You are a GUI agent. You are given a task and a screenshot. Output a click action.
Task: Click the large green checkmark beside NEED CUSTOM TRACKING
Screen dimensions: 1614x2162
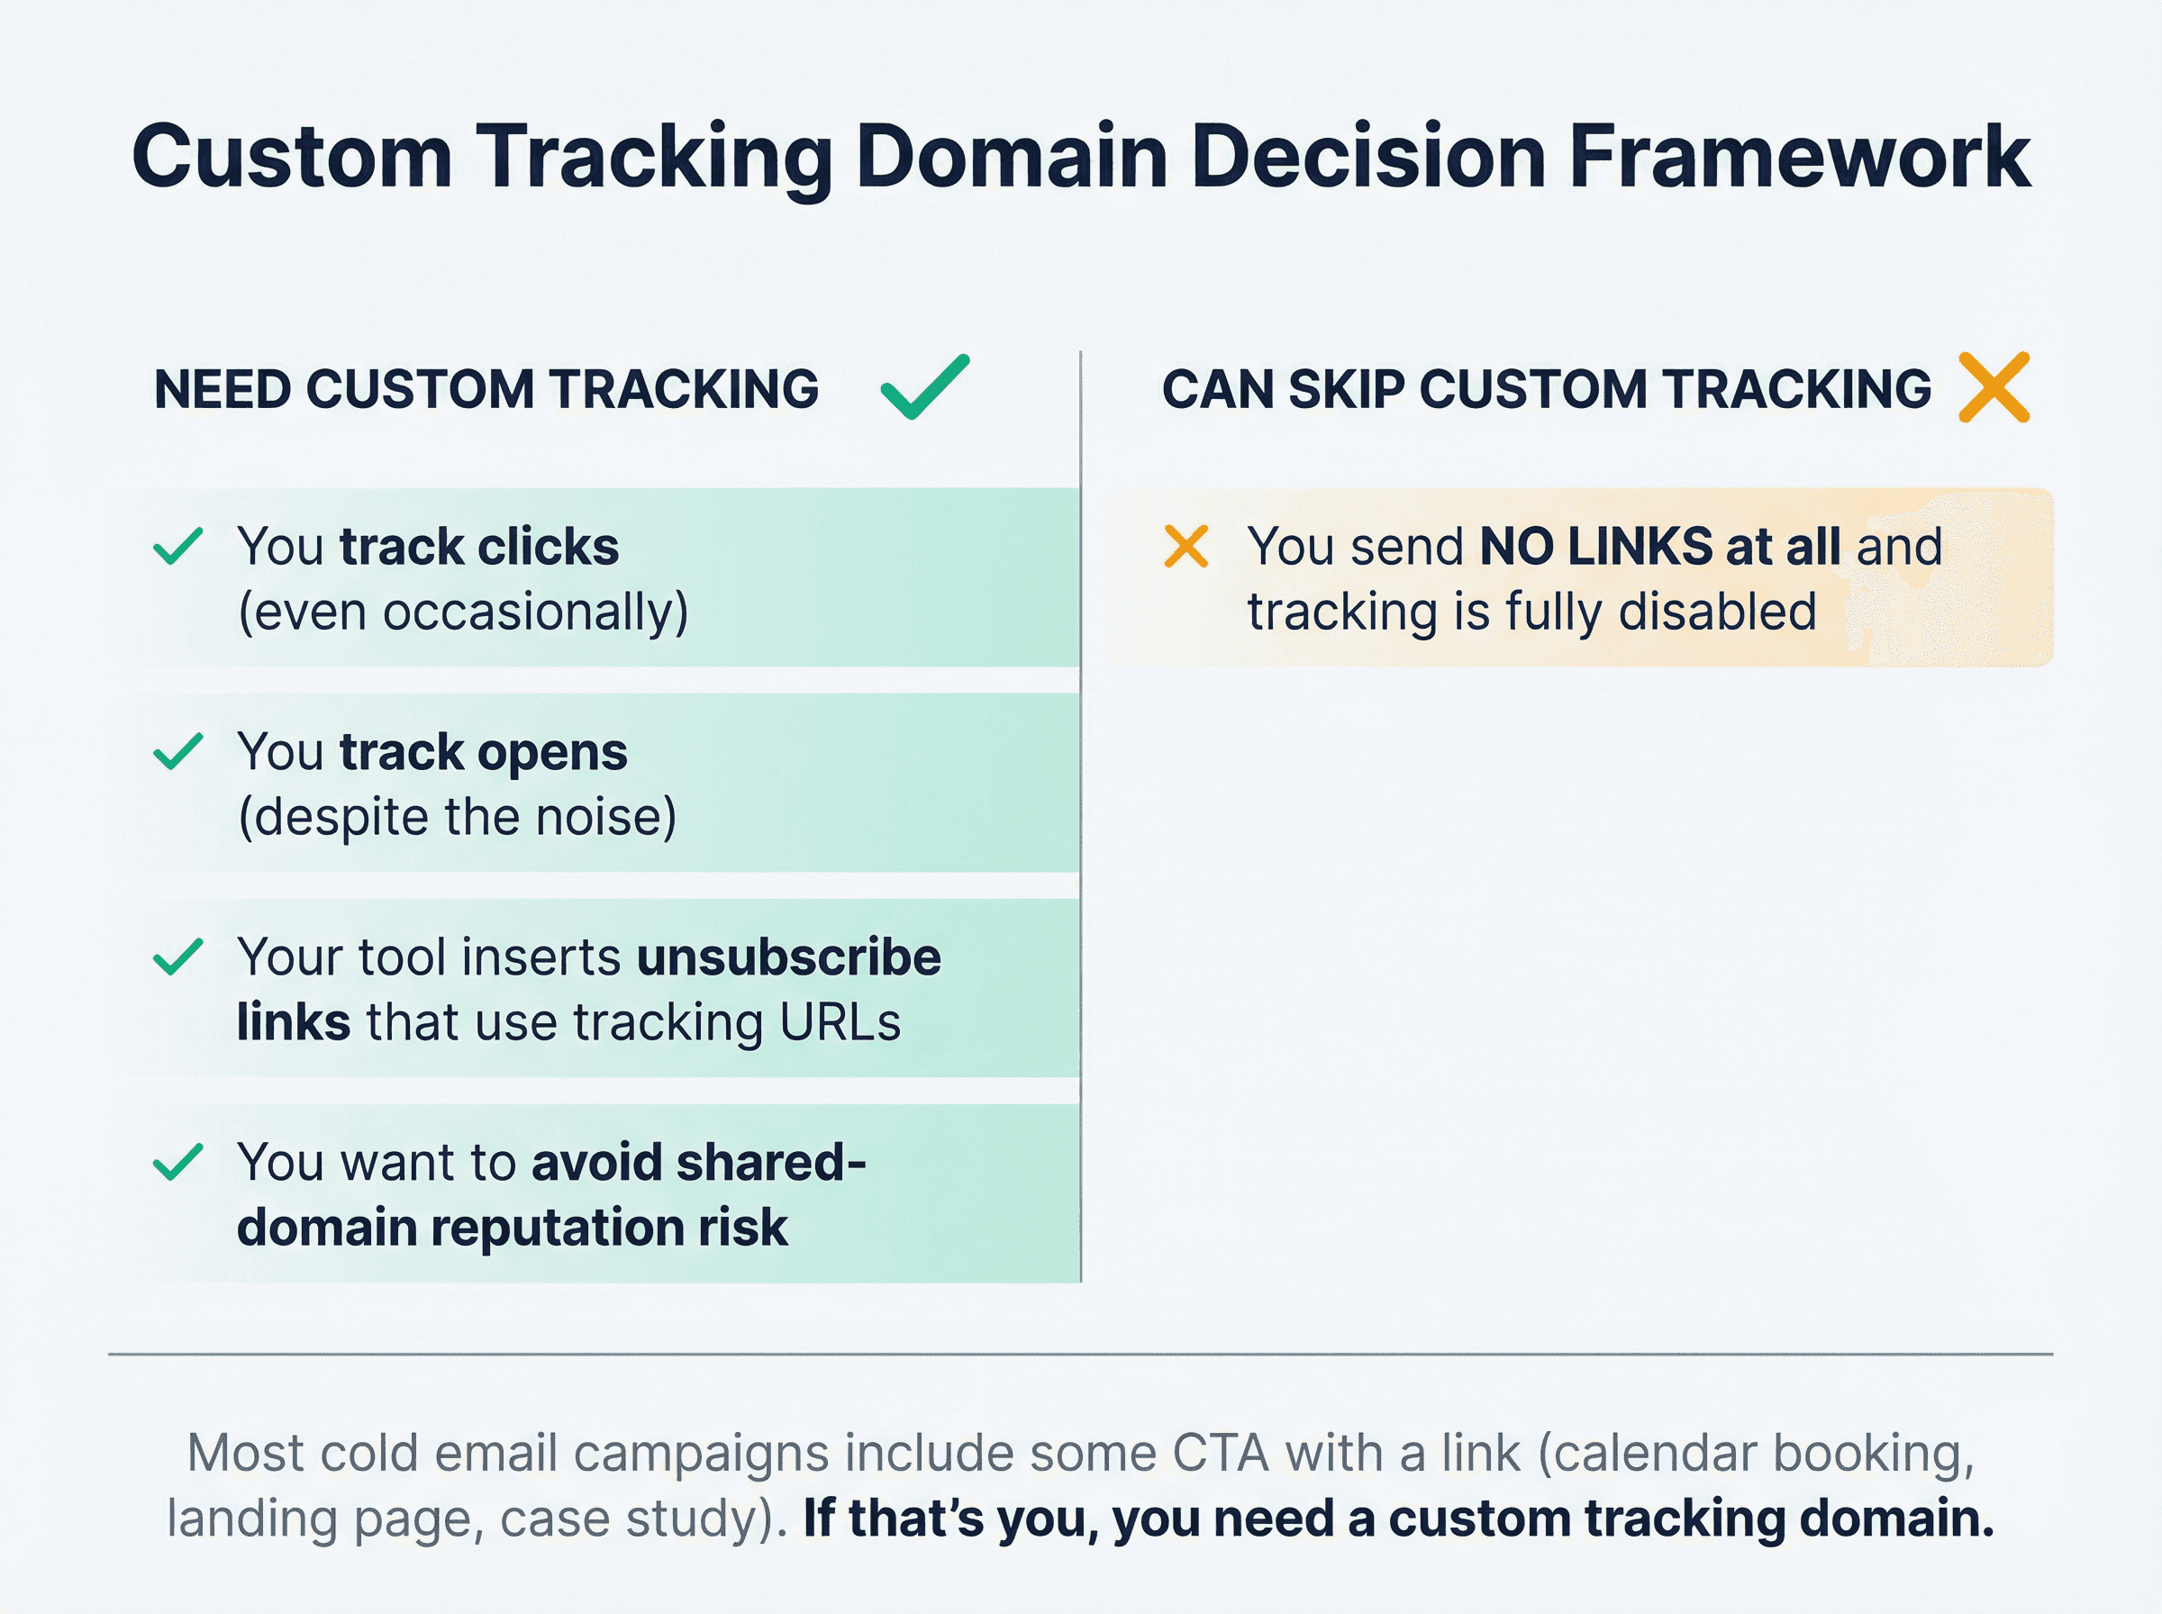pyautogui.click(x=924, y=387)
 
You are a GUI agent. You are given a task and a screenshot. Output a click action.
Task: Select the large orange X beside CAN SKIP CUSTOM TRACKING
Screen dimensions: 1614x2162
pyautogui.click(x=1994, y=387)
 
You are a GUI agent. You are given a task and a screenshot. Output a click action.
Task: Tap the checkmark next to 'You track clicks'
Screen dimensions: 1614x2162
pyautogui.click(x=177, y=546)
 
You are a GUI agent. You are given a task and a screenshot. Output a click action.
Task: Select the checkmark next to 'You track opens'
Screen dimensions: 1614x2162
pyautogui.click(x=177, y=751)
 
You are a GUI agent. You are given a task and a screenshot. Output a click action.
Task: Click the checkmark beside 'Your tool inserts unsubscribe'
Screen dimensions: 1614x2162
pyautogui.click(x=177, y=957)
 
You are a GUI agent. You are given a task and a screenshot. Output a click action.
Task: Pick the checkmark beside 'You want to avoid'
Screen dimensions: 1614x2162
pyautogui.click(x=177, y=1162)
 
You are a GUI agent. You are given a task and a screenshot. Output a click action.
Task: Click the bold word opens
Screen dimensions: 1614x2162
pyautogui.click(x=552, y=752)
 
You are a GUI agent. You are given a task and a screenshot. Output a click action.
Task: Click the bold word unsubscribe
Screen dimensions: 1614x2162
pyautogui.click(x=788, y=957)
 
